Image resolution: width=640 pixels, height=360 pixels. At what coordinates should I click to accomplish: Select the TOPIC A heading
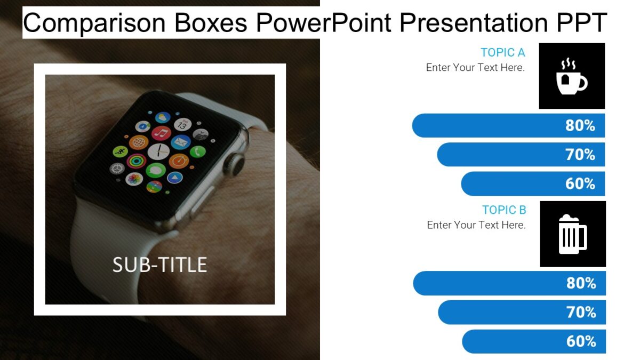point(502,52)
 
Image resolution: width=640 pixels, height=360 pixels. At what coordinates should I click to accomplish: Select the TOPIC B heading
point(504,210)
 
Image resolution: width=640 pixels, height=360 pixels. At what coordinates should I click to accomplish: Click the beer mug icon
point(572,234)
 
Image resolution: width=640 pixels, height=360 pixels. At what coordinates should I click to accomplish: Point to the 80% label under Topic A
point(580,125)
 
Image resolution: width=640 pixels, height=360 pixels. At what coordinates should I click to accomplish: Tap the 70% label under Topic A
point(580,155)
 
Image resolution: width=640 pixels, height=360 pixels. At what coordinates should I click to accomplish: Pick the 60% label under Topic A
point(580,184)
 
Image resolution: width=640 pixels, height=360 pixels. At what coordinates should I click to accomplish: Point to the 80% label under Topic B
point(581,283)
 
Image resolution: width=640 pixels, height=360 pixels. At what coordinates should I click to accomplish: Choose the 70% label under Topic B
point(581,312)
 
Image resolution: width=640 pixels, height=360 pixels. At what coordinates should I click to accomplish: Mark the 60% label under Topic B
point(581,341)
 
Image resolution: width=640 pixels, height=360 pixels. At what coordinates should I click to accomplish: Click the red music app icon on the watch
point(161,133)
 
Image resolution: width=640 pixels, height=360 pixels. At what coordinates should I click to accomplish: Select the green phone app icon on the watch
point(198,151)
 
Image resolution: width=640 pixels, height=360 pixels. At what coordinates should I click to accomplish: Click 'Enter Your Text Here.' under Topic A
point(475,68)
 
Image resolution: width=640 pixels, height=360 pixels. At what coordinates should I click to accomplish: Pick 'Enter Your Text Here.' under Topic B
point(476,225)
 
